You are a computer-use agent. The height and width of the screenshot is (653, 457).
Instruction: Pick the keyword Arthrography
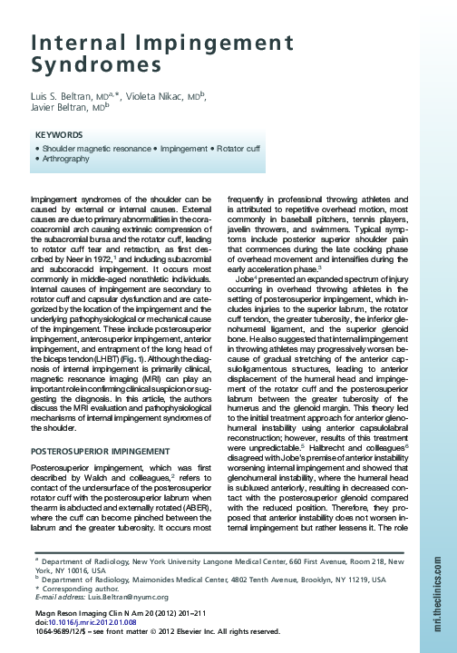66,159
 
